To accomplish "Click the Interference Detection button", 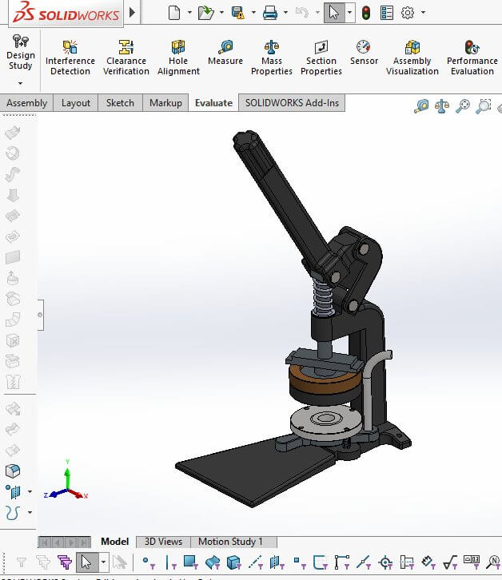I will click(x=70, y=58).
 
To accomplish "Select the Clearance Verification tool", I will click(x=125, y=58).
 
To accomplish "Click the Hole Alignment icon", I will click(x=178, y=58).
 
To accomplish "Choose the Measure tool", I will click(x=225, y=53).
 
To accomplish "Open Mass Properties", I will click(x=272, y=58).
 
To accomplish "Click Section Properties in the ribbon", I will click(x=321, y=58).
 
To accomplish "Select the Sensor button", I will click(x=364, y=53).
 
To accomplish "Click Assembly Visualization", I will click(x=412, y=58).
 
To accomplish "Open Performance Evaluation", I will click(x=472, y=58).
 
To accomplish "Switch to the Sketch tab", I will click(x=120, y=103).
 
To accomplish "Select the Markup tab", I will click(x=165, y=103).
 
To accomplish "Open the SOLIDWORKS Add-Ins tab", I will click(x=292, y=103).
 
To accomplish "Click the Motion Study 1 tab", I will click(x=230, y=542).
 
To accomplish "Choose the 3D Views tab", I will click(x=163, y=542).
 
